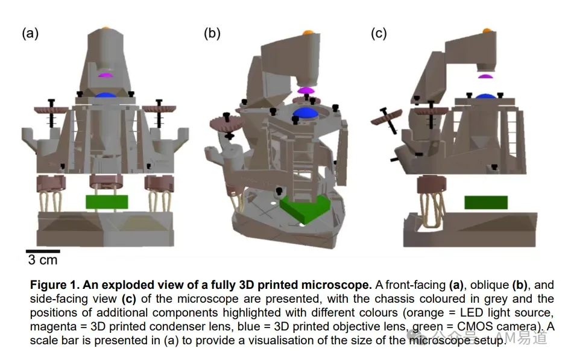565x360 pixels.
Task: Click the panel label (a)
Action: [30, 34]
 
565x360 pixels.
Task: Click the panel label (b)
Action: [212, 34]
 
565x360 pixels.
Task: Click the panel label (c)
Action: [379, 34]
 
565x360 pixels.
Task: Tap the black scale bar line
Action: [43, 251]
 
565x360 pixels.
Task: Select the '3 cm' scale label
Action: [43, 260]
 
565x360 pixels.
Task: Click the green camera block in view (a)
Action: [107, 202]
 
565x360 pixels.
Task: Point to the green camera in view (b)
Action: [305, 209]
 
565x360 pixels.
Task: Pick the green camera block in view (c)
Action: [486, 203]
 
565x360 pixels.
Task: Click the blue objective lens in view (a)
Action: [106, 95]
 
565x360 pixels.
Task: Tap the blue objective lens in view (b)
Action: [306, 112]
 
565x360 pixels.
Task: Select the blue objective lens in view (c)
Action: [486, 96]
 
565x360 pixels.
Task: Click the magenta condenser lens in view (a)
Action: [106, 75]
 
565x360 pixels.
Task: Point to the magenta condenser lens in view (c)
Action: [485, 77]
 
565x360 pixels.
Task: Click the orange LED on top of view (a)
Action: [105, 28]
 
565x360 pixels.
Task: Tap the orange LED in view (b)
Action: [308, 33]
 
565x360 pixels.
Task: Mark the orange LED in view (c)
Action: [487, 31]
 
